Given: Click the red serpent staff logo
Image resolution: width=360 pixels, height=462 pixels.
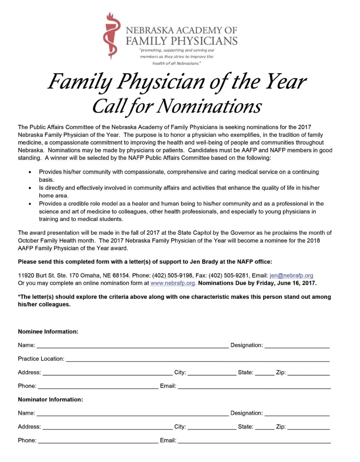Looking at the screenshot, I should pos(112,36).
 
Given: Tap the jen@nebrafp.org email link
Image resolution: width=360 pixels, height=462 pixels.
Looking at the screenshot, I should pos(291,276).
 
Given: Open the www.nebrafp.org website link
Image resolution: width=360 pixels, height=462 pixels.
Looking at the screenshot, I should pos(173,283).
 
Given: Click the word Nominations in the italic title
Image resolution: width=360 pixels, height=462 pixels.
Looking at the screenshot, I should pos(209,106).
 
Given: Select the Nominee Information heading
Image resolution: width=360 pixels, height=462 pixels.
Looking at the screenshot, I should pos(48,332).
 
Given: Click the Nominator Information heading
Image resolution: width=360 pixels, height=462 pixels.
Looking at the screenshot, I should pos(50,399).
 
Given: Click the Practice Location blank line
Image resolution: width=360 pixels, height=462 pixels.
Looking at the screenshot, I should pos(198,359).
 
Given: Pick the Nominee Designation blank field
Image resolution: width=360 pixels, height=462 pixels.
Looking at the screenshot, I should pos(297,346).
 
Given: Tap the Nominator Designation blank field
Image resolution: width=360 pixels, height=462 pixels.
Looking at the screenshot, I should pos(297,413).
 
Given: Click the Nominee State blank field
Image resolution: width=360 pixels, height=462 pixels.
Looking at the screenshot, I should pos(264,373).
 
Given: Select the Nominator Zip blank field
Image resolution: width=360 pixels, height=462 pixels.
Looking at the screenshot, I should pos(308,427).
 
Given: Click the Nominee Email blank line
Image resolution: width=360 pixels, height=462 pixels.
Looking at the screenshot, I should pos(254,386).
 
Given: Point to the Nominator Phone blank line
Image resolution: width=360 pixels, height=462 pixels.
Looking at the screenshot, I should pos(98,441).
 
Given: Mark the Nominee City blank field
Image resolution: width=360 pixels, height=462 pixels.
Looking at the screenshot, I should pos(212,373).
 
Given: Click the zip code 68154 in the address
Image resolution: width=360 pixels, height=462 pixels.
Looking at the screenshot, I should pos(121,276).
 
